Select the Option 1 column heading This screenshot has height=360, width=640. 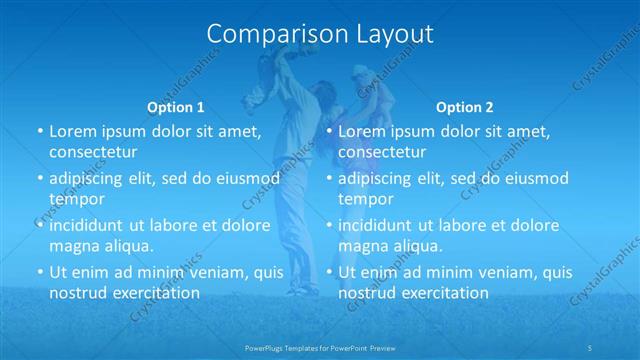tap(176, 107)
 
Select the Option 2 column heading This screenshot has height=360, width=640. tap(465, 107)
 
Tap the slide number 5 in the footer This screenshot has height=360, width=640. tap(592, 348)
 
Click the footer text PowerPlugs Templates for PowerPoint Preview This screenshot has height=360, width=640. tap(319, 348)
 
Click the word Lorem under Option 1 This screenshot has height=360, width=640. tap(72, 131)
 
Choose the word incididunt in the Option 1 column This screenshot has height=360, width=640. tap(87, 225)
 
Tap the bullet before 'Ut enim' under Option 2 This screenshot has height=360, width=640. tap(329, 272)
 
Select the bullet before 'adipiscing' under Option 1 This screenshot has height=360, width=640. tap(40, 178)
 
